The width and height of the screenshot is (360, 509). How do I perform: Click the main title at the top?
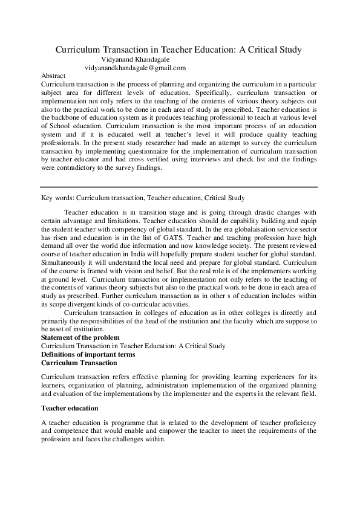pyautogui.click(x=178, y=49)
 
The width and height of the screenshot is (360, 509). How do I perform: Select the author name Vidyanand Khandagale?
pyautogui.click(x=135, y=60)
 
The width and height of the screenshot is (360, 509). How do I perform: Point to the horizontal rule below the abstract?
pyautogui.click(x=178, y=187)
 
